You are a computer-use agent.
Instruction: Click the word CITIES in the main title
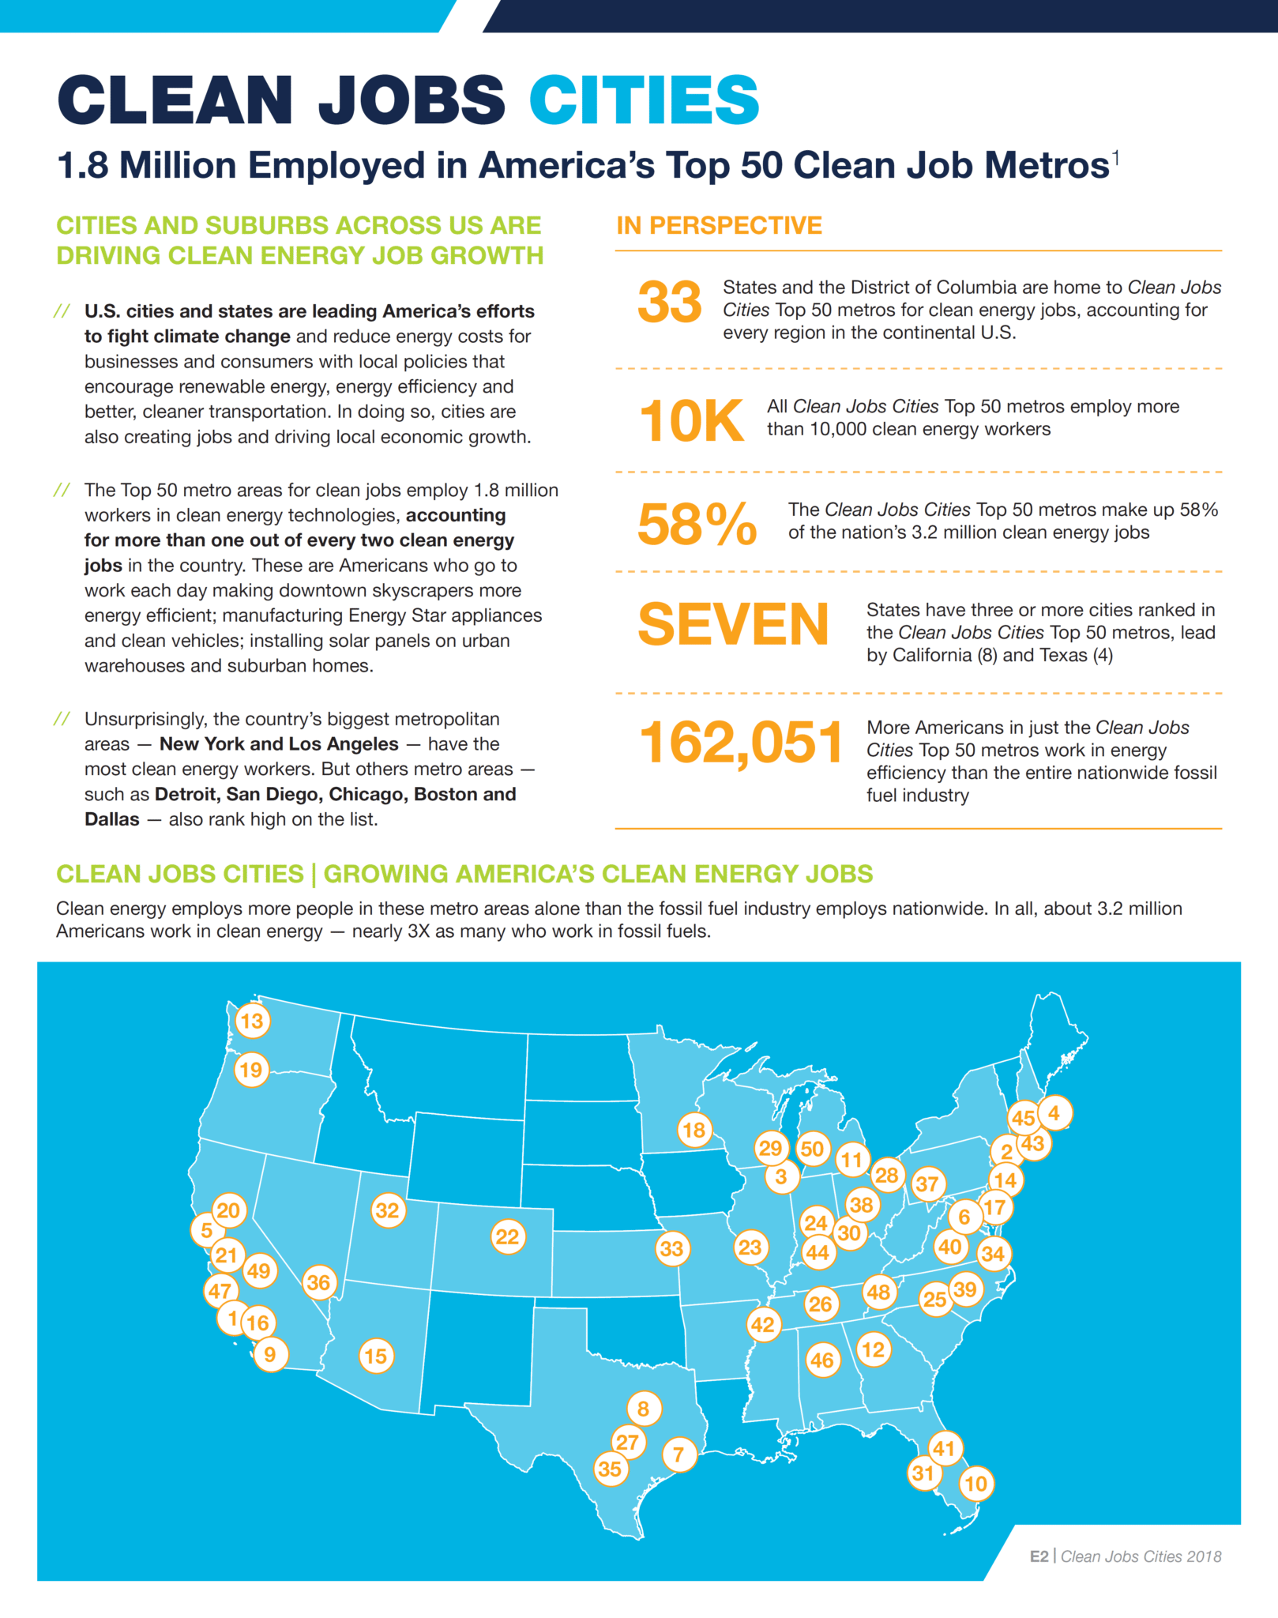644,100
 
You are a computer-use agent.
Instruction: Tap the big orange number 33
669,303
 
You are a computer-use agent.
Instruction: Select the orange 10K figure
690,421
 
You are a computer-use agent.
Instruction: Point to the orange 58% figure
697,524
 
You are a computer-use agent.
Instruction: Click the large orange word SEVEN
733,624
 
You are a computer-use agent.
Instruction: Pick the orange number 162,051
740,743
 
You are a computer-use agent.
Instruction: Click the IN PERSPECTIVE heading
719,226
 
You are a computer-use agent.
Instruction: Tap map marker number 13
252,1021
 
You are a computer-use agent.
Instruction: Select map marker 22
507,1236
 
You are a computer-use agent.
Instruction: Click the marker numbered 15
375,1356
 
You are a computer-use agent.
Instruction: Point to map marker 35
610,1469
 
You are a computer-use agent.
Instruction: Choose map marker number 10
976,1484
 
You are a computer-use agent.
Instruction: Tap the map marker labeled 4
1054,1113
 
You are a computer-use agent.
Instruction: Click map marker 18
694,1130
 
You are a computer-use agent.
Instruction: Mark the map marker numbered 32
387,1210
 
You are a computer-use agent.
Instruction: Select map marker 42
762,1324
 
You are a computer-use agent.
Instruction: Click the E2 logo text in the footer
1039,1556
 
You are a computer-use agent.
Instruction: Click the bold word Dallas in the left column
112,819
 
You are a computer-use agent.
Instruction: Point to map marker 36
318,1282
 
